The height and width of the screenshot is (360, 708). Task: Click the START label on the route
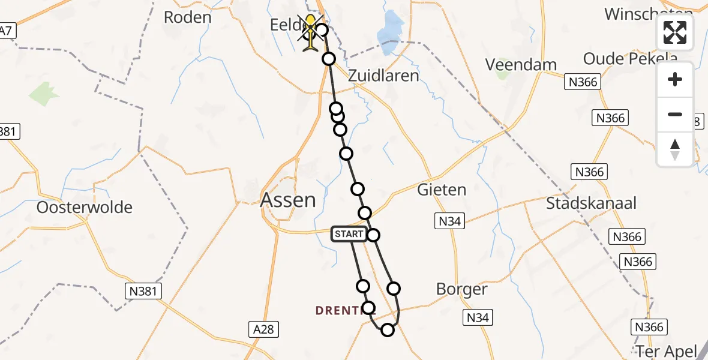(x=349, y=234)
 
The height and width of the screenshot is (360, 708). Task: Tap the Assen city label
(x=288, y=200)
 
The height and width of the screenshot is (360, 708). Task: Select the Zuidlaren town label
(x=384, y=76)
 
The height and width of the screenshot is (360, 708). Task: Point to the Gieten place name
(x=442, y=190)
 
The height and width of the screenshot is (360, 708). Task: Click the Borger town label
(x=461, y=289)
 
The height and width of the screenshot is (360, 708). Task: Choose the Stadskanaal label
(x=591, y=203)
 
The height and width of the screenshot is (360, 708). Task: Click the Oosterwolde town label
(x=85, y=208)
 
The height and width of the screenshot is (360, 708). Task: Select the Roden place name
(x=188, y=17)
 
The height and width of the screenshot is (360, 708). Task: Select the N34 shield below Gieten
(x=449, y=221)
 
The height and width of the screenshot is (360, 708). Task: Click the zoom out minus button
(x=675, y=114)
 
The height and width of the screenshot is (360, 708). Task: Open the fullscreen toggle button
(x=675, y=32)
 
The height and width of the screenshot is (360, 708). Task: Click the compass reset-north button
(x=675, y=149)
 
